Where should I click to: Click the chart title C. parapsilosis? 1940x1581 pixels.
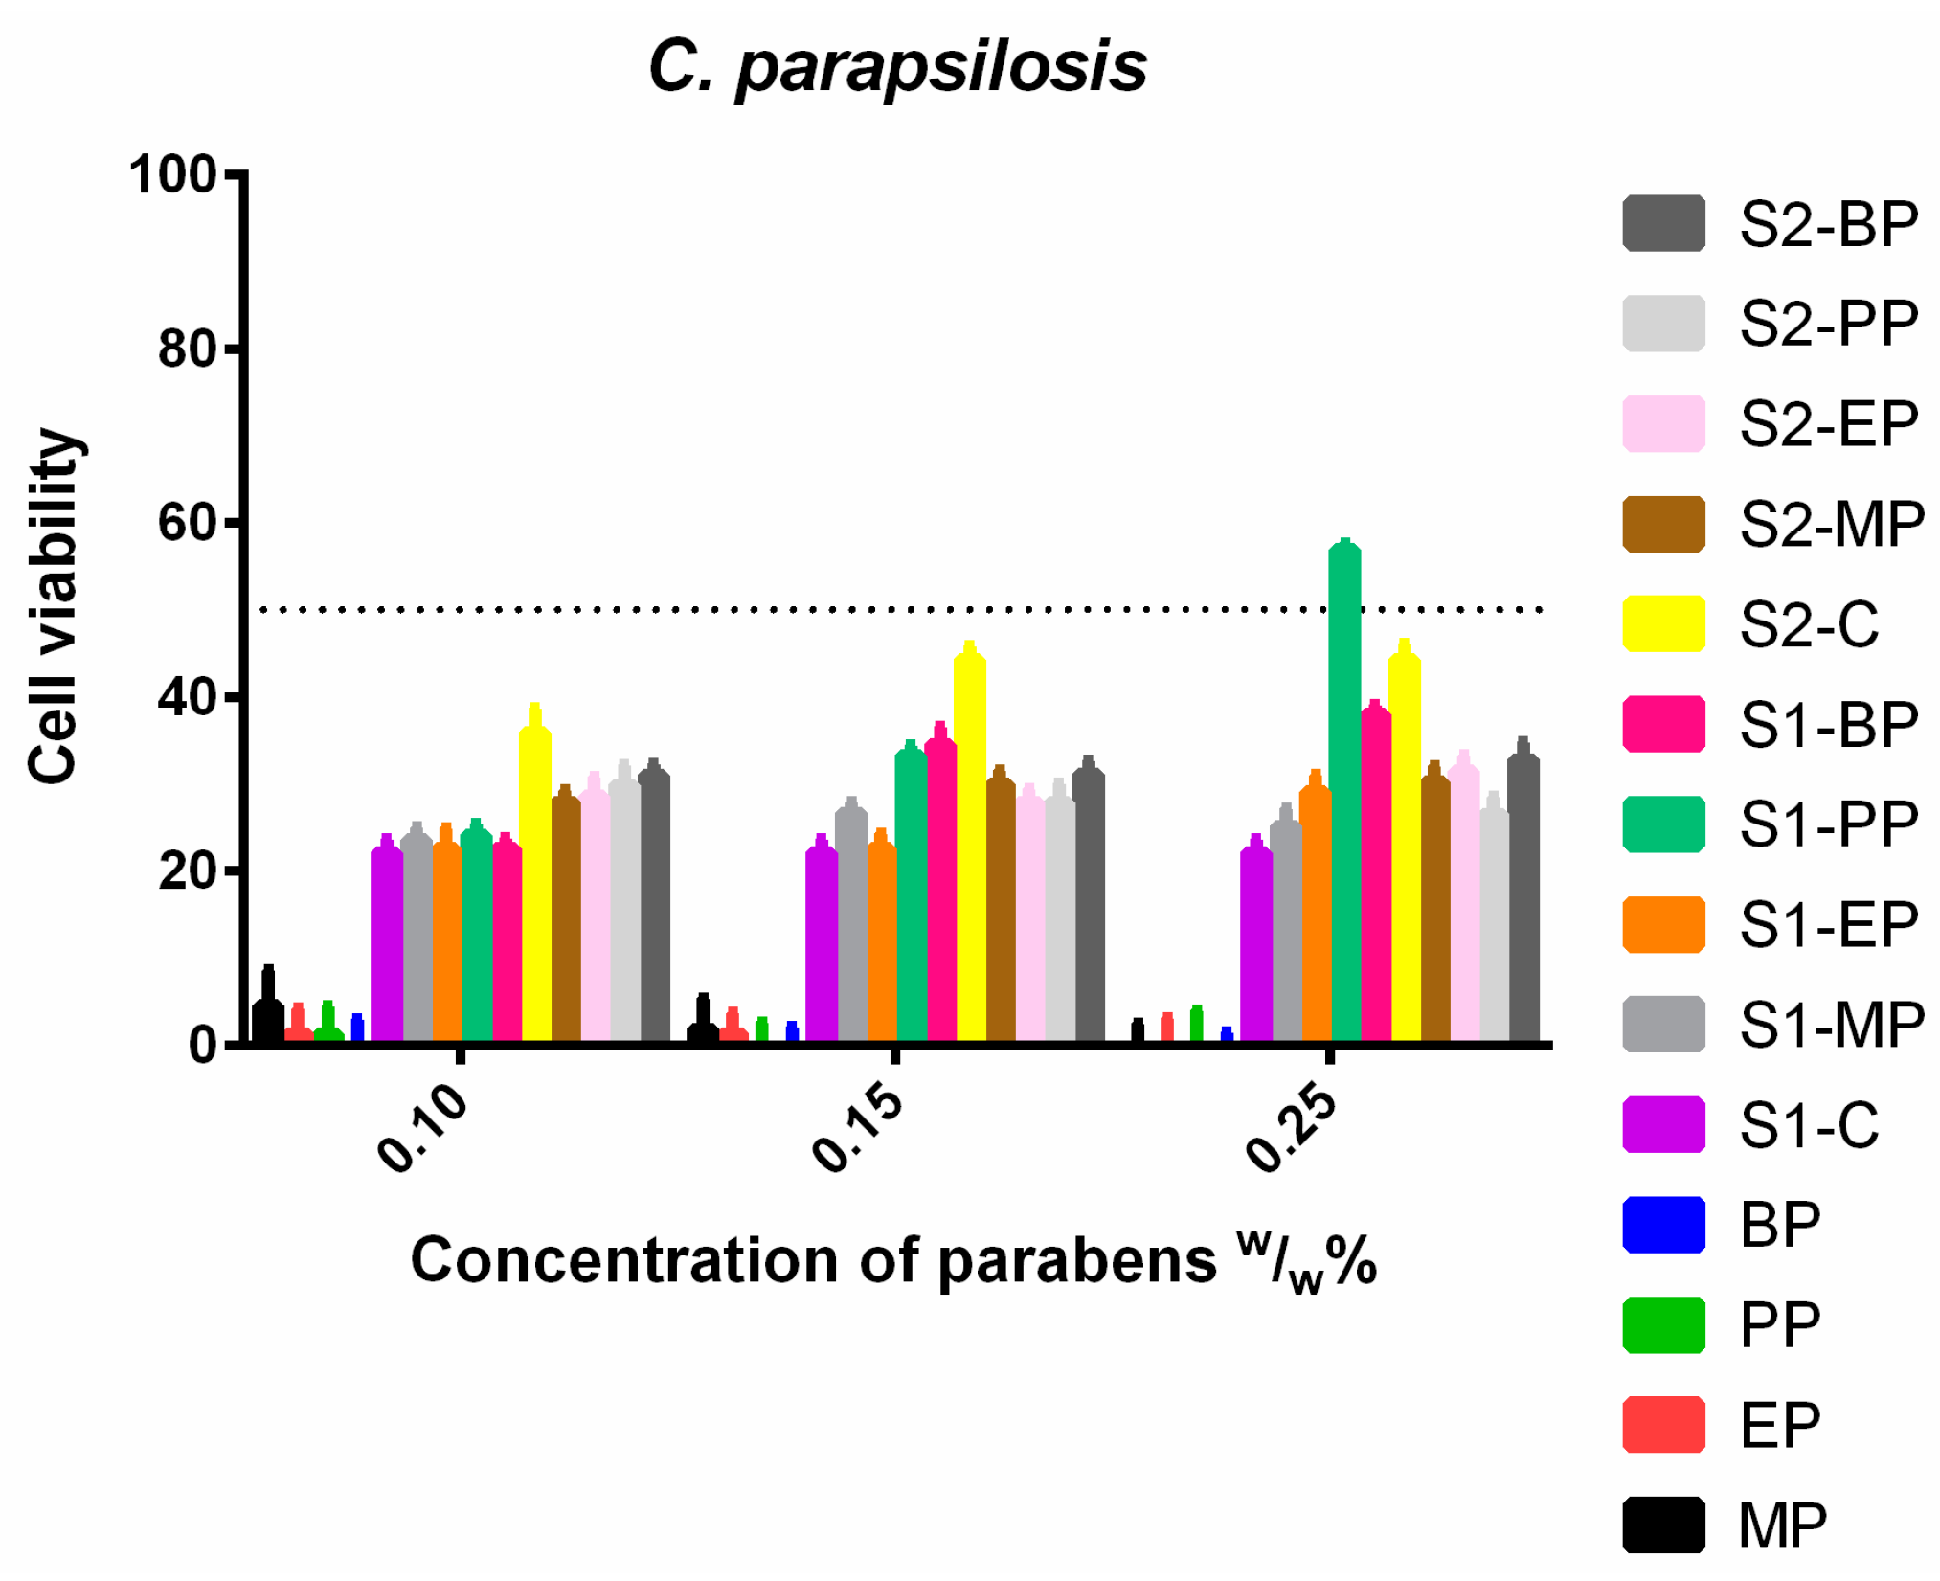point(897,67)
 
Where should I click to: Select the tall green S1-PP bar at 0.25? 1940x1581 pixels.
point(1344,795)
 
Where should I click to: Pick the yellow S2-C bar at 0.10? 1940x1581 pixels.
point(534,881)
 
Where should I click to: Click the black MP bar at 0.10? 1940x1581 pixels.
point(268,1020)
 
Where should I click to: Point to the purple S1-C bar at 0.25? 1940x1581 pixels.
point(1255,943)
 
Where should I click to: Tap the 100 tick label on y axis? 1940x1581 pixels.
point(173,175)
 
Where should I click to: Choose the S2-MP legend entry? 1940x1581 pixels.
point(1771,524)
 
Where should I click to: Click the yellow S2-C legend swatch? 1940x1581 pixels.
point(1663,623)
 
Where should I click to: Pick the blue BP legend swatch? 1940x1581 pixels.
point(1663,1224)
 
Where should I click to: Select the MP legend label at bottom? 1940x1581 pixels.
point(1782,1525)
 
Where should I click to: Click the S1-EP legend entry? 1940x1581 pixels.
point(1771,924)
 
